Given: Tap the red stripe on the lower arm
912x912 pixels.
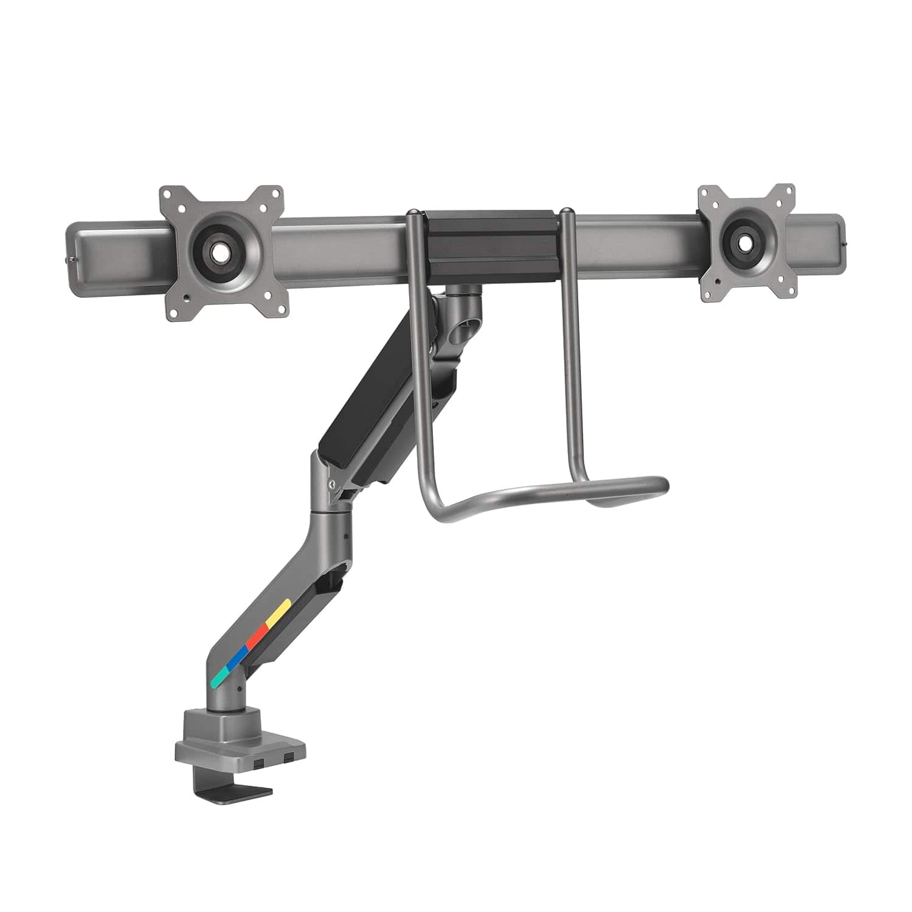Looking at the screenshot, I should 259,632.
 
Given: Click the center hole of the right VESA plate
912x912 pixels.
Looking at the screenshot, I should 746,241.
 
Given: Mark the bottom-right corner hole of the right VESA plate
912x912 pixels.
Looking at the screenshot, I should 784,290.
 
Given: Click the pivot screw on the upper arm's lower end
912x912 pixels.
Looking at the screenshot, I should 331,485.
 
